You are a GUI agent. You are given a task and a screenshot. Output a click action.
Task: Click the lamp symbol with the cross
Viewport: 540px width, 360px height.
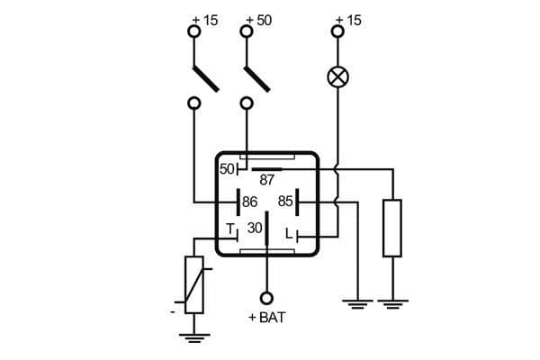(337, 76)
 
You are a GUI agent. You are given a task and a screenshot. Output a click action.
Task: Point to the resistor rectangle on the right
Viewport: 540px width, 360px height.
(392, 229)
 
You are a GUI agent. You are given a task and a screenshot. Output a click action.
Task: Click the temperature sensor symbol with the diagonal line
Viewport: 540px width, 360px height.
(194, 284)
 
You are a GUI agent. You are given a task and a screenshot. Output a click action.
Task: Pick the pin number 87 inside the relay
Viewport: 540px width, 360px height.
(267, 179)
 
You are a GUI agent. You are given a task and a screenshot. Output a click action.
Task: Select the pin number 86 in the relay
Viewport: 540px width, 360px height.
(250, 201)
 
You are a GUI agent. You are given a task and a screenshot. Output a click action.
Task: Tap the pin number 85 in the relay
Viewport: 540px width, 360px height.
(285, 201)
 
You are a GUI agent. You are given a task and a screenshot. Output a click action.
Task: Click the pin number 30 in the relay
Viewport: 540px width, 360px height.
(255, 229)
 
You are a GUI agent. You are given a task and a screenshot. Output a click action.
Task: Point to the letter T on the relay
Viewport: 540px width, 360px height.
(229, 228)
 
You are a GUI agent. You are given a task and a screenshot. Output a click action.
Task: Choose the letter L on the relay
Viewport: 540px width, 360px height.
(289, 234)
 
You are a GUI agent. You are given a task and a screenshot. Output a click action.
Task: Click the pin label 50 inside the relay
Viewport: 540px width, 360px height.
(227, 168)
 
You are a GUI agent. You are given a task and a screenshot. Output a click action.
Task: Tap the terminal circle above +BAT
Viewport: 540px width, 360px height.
(266, 298)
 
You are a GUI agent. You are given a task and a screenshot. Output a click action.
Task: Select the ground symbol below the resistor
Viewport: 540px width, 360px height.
(392, 302)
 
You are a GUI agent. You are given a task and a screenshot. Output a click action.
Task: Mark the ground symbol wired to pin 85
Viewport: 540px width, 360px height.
(357, 302)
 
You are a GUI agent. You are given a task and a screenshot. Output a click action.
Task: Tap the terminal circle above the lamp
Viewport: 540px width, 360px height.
(337, 31)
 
